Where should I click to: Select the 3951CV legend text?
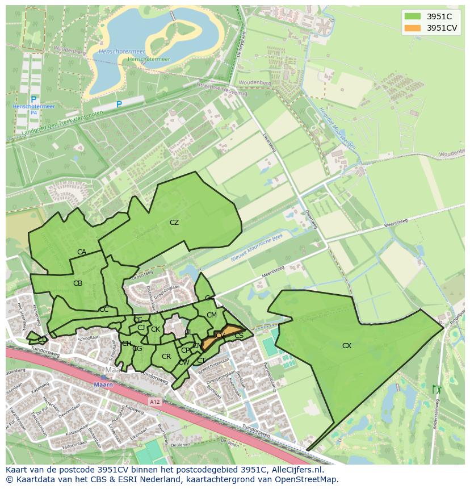[x=442, y=28]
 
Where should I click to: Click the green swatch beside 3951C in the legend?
[x=413, y=16]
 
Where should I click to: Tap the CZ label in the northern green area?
[x=174, y=223]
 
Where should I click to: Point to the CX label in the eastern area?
[x=347, y=345]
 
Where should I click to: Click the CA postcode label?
[x=82, y=252]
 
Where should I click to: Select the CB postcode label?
[x=78, y=283]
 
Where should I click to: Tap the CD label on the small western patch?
[x=42, y=339]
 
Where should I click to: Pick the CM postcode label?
[x=212, y=315]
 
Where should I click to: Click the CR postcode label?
[x=166, y=357]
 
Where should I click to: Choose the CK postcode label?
[x=155, y=329]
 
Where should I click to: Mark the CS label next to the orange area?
[x=239, y=336]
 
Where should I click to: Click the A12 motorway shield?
[x=155, y=402]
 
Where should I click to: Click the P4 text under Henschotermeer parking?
[x=33, y=112]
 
